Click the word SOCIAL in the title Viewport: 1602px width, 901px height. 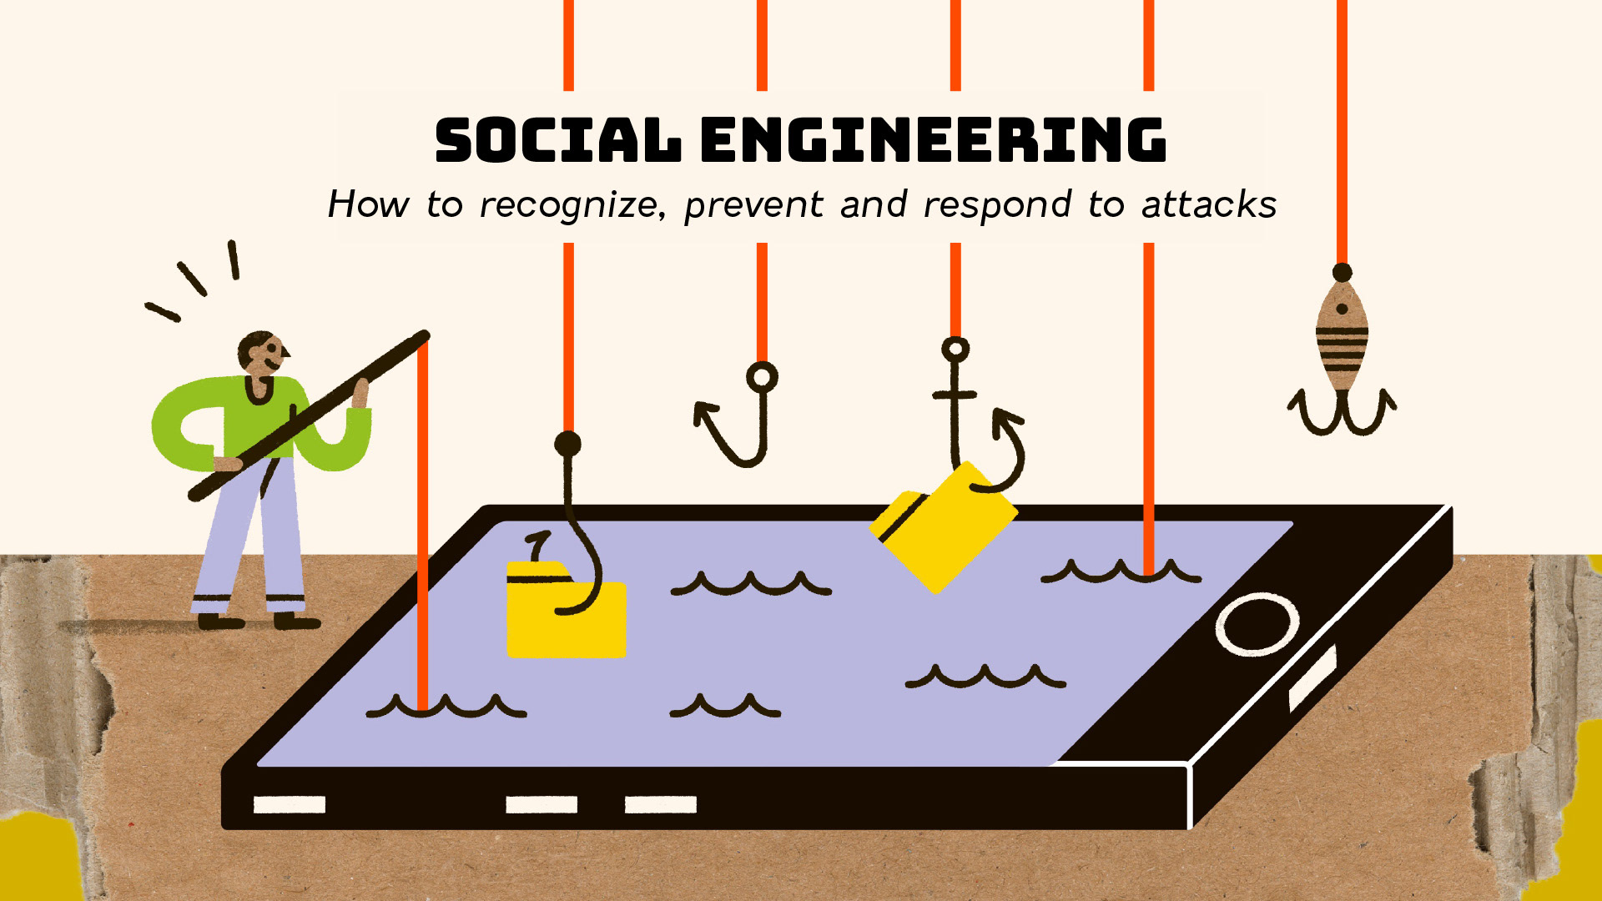coord(557,140)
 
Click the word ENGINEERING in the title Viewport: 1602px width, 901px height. coord(933,140)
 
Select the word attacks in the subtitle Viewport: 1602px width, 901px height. coord(1209,205)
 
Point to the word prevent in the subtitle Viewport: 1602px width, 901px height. coord(753,205)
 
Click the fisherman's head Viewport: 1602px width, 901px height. coord(262,354)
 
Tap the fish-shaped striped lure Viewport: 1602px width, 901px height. coord(1342,338)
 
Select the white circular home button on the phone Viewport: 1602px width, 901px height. coord(1257,623)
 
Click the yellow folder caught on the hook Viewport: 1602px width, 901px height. coord(566,613)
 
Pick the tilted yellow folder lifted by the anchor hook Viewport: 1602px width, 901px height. coord(943,526)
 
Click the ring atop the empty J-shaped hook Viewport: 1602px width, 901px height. coord(762,377)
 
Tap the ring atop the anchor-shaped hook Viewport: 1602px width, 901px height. coord(955,349)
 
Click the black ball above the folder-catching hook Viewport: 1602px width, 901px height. coord(568,443)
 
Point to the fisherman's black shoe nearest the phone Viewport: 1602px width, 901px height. coord(296,621)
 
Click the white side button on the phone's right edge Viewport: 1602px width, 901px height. coord(1312,677)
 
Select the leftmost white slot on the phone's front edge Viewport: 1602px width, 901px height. coord(289,804)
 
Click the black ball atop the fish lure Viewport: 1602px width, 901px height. coord(1342,273)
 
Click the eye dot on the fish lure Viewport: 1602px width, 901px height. coord(1342,310)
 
